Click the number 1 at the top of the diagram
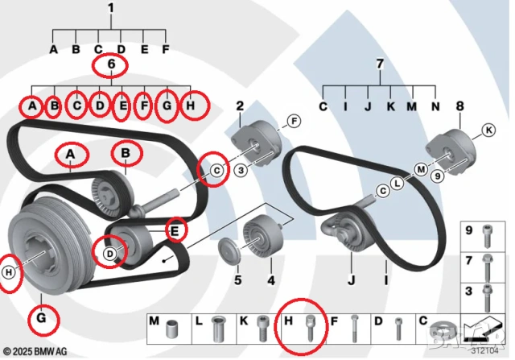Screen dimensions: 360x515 (111, 9)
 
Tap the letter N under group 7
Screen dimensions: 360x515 (436, 106)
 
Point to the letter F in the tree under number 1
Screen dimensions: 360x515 (166, 49)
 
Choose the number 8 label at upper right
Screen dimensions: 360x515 (459, 105)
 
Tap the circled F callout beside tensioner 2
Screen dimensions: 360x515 (293, 122)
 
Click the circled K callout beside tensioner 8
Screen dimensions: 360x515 (488, 130)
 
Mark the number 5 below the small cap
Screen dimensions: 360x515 (237, 280)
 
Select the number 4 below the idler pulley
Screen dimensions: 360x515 (270, 280)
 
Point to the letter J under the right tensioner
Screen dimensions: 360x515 (351, 280)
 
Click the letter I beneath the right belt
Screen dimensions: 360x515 (386, 280)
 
